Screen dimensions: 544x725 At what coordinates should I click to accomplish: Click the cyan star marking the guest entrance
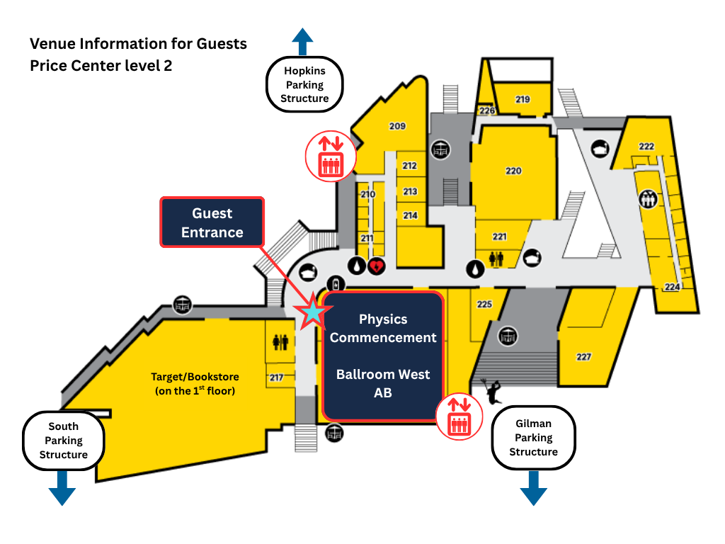point(312,311)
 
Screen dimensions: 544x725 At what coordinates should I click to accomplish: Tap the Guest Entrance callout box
point(212,222)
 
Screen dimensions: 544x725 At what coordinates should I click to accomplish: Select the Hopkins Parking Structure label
point(304,84)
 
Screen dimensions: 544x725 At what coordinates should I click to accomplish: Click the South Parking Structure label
point(63,440)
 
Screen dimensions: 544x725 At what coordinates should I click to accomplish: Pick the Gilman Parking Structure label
point(533,437)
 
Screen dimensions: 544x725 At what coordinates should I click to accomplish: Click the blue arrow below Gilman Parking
point(533,488)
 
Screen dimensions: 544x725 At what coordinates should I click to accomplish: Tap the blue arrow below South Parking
point(62,488)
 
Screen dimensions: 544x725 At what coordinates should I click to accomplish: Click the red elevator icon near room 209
point(330,156)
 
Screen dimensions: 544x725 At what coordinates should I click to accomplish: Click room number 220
point(513,171)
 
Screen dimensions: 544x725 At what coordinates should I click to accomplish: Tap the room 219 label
point(523,99)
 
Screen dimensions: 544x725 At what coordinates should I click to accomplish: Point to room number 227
point(583,357)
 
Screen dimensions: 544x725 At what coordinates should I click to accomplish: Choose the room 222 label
point(646,146)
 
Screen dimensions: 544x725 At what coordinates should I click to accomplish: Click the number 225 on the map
point(484,304)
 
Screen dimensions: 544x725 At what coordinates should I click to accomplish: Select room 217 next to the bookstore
point(276,378)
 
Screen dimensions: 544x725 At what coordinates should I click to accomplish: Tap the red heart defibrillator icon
point(377,266)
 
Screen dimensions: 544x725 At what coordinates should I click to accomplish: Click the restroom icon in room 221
point(496,259)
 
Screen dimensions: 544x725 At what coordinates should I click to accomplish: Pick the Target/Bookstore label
point(195,383)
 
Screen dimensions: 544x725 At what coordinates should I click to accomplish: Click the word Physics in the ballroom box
point(383,319)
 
